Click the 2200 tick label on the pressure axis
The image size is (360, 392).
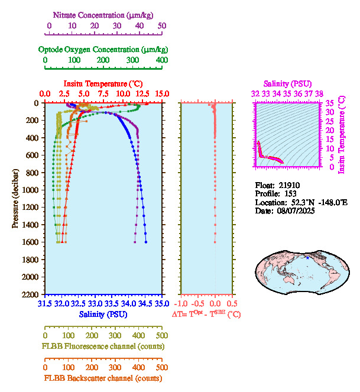click(x=31, y=294)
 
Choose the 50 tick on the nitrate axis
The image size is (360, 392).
click(x=162, y=26)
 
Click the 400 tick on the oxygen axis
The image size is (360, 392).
click(x=162, y=60)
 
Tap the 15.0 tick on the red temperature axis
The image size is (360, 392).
click(x=162, y=94)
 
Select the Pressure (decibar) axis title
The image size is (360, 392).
click(x=15, y=198)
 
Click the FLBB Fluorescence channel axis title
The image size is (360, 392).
click(x=103, y=346)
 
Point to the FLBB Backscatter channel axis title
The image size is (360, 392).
click(x=103, y=378)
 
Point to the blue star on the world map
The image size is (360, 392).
click(x=307, y=257)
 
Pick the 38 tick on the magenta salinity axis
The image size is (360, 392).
click(x=319, y=93)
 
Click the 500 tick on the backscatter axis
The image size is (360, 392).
click(x=162, y=367)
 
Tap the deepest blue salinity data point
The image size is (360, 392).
click(x=146, y=242)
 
